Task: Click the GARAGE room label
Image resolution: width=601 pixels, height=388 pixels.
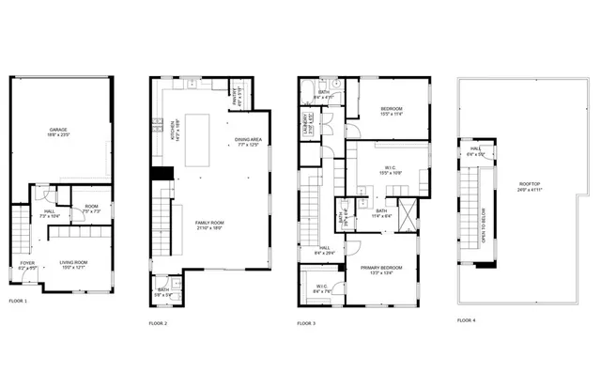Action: click(x=58, y=132)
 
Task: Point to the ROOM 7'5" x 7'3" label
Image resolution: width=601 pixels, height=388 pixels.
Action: click(x=91, y=209)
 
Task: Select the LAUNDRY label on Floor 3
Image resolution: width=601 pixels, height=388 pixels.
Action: click(x=306, y=123)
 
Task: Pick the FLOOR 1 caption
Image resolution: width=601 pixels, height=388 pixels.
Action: click(x=19, y=301)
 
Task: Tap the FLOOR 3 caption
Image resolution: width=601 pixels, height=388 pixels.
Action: click(x=306, y=323)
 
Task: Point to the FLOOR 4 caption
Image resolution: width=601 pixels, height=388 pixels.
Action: click(x=467, y=320)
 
